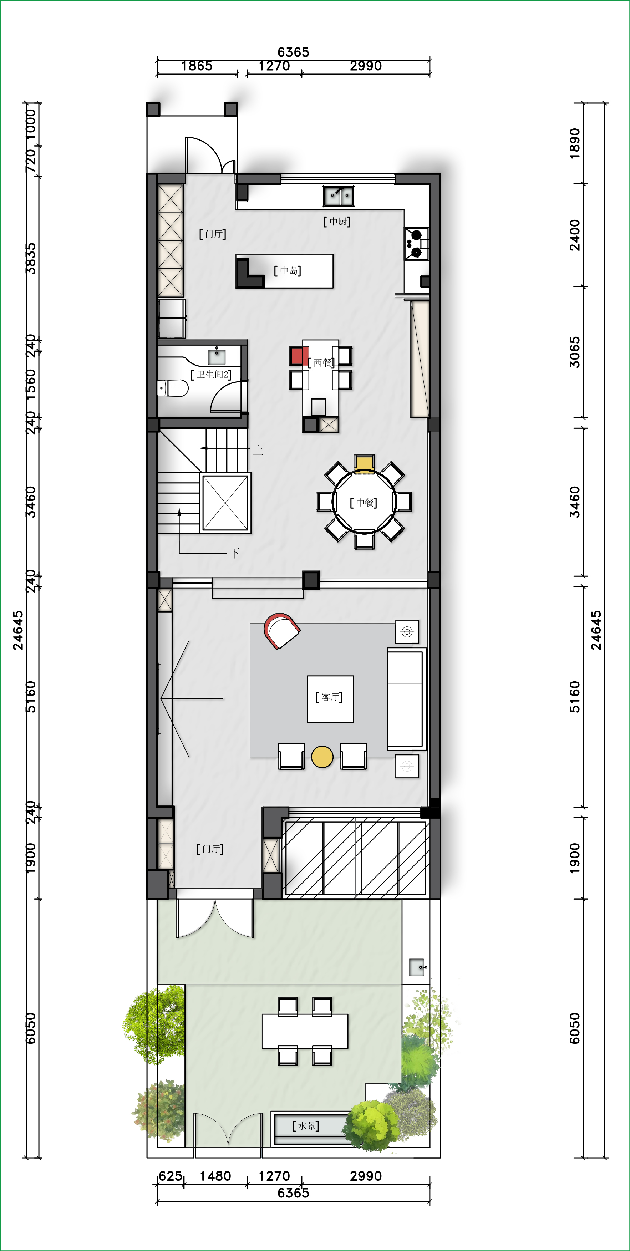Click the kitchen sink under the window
[x=339, y=196]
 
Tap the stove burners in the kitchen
[x=417, y=243]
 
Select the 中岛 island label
[x=288, y=270]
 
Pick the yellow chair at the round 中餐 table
[x=364, y=464]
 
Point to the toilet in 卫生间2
[x=173, y=388]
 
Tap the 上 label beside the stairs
[x=258, y=451]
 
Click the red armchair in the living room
[x=281, y=630]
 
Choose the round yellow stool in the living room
[x=322, y=757]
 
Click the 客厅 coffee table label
[x=330, y=697]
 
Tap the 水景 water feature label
[x=305, y=1126]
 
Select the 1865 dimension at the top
[x=197, y=66]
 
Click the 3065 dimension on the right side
[x=575, y=352]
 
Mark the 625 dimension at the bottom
[x=171, y=1176]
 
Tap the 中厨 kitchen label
[x=337, y=222]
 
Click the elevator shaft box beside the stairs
[x=225, y=503]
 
